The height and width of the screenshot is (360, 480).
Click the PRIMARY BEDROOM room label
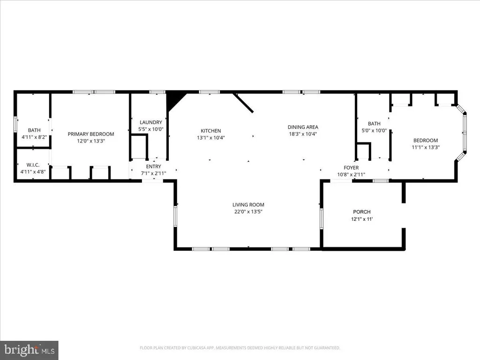91,134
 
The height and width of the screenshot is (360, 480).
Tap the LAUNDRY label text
150,122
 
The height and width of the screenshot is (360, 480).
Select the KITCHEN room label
211,131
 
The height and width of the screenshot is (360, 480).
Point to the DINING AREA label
303,127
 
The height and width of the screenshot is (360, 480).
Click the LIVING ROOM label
248,204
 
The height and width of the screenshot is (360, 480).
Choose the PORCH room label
362,212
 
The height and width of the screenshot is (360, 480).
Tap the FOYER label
351,167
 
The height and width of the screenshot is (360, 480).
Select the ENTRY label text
153,166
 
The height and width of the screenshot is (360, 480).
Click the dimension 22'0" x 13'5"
248,211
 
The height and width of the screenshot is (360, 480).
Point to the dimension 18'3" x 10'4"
303,134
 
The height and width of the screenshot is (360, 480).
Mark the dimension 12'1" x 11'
362,219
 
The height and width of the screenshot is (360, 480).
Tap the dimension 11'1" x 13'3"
425,147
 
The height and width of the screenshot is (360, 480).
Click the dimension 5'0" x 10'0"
374,131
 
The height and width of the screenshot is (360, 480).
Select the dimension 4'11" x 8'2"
34,137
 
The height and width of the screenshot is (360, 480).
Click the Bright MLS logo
29,350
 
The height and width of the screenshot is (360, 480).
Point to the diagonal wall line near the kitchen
244,103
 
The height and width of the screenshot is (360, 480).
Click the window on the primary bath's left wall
15,124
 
